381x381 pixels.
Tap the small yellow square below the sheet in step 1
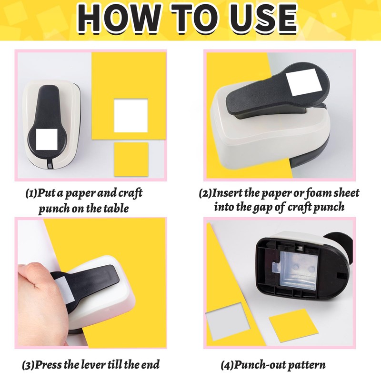coord(131,160)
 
